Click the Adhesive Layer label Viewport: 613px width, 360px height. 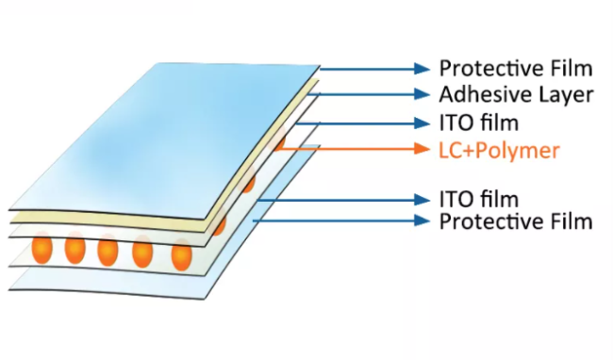pyautogui.click(x=515, y=94)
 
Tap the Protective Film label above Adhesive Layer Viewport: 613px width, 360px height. pyautogui.click(x=515, y=68)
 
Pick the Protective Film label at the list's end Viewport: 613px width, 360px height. pyautogui.click(x=515, y=221)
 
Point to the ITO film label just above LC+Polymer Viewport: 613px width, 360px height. pyautogui.click(x=480, y=122)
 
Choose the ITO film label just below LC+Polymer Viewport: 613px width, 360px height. pyautogui.click(x=480, y=199)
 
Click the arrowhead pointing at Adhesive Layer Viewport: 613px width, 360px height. pyautogui.click(x=422, y=94)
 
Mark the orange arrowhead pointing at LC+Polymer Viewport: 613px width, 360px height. pyautogui.click(x=422, y=149)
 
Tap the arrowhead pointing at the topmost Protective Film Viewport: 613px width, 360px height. pyautogui.click(x=422, y=68)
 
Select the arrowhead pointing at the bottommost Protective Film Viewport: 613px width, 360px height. pyautogui.click(x=422, y=221)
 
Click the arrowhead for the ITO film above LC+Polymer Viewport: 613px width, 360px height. pyautogui.click(x=422, y=122)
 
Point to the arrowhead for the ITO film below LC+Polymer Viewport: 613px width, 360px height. pyautogui.click(x=422, y=199)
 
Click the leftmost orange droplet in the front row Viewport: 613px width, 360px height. pyautogui.click(x=41, y=250)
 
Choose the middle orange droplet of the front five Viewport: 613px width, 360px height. pyautogui.click(x=108, y=253)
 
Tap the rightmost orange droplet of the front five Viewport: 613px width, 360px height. pyautogui.click(x=181, y=255)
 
